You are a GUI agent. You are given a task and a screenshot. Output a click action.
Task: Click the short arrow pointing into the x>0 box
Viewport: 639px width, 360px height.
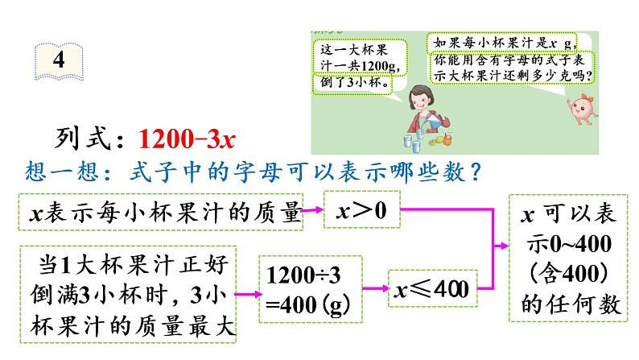[313, 212]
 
